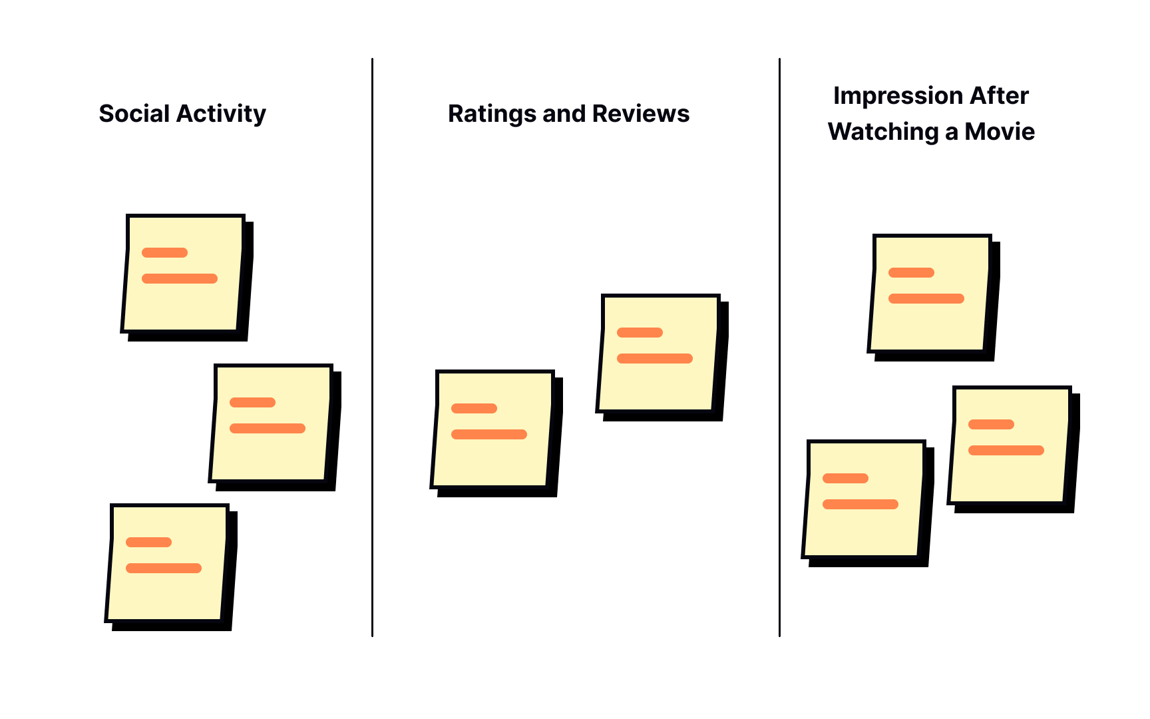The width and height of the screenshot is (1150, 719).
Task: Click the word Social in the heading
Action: click(134, 114)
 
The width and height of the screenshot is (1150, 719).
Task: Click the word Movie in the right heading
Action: click(1000, 132)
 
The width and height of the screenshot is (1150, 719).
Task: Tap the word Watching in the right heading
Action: click(882, 132)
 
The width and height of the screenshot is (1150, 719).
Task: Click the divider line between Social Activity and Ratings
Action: click(372, 346)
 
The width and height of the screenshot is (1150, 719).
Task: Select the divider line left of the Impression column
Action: click(779, 346)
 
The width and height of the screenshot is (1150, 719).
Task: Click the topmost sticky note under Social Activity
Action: click(183, 300)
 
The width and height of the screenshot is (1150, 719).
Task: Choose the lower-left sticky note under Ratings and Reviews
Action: click(492, 459)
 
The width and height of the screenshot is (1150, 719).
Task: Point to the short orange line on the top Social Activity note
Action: click(164, 252)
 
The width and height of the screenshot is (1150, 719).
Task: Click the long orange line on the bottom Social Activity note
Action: click(164, 568)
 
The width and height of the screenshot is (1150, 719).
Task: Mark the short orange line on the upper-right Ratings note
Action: click(640, 332)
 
